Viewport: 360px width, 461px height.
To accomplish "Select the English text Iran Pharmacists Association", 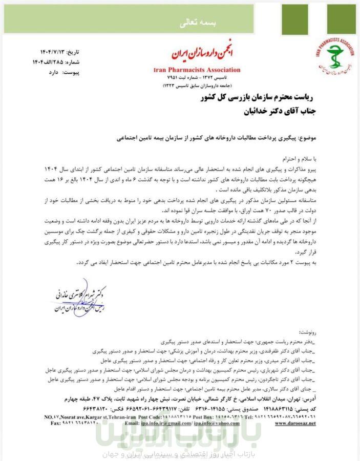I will coord(197,70).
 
